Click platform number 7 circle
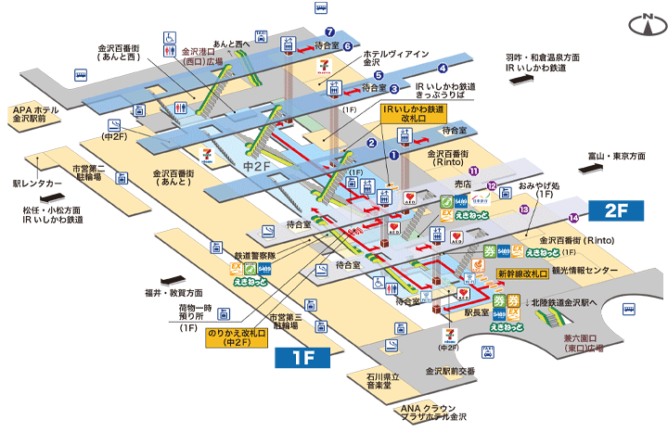(329, 32)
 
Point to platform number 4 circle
(443, 69)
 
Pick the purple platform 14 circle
(574, 218)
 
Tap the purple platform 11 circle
(473, 171)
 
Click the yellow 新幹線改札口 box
(523, 274)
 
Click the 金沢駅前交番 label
(448, 371)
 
